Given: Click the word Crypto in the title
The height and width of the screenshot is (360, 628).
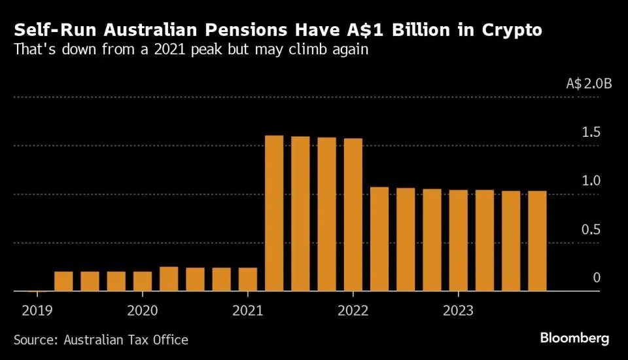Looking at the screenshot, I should (508, 30).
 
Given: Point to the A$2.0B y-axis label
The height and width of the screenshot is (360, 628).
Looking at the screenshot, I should (588, 84).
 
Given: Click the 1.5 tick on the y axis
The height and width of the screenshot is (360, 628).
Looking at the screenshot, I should (591, 132).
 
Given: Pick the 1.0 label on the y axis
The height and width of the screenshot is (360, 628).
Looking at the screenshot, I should (591, 181).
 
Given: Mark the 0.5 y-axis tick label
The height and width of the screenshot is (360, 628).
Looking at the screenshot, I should (591, 229).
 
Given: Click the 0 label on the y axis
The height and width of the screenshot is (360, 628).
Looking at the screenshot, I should (596, 278).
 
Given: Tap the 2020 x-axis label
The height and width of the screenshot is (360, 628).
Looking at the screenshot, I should (143, 310).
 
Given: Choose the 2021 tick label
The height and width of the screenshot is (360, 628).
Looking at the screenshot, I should (248, 310).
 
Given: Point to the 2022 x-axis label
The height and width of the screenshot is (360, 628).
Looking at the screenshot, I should (353, 310).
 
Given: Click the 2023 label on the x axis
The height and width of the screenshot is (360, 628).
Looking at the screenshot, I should (458, 310).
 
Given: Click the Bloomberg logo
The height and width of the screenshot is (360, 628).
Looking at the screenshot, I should (574, 338).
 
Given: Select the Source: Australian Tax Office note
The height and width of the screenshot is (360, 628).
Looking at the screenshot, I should (101, 340).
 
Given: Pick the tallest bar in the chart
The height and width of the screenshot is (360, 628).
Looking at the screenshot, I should (274, 213).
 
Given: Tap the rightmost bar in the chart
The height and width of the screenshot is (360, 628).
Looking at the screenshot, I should (537, 241).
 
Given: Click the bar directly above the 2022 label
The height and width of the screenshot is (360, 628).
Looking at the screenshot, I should (353, 215).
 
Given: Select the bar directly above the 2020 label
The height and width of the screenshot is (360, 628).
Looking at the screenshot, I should (143, 281).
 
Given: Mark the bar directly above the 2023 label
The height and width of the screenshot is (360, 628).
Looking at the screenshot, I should (458, 240).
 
